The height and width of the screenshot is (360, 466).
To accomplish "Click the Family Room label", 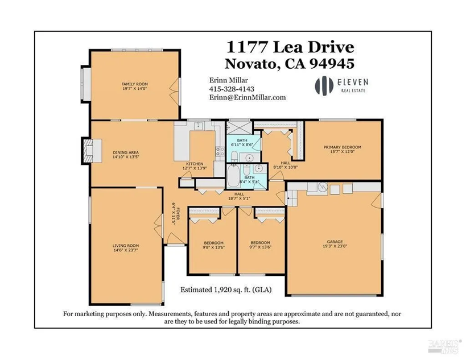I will [134, 85].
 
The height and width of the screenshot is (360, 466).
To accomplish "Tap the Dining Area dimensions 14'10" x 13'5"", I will [126, 157].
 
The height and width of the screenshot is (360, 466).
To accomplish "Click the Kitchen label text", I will [194, 163].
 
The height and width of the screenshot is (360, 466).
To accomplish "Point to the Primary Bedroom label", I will [343, 147].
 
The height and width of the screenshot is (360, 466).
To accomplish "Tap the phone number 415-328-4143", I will [232, 89].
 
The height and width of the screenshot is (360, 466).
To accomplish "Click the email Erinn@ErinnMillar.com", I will [247, 97].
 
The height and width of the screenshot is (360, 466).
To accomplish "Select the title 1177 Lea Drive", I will [290, 46].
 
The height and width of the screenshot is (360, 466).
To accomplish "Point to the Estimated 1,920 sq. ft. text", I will [226, 289].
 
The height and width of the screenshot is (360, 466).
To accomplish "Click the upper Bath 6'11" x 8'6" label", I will [242, 142].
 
